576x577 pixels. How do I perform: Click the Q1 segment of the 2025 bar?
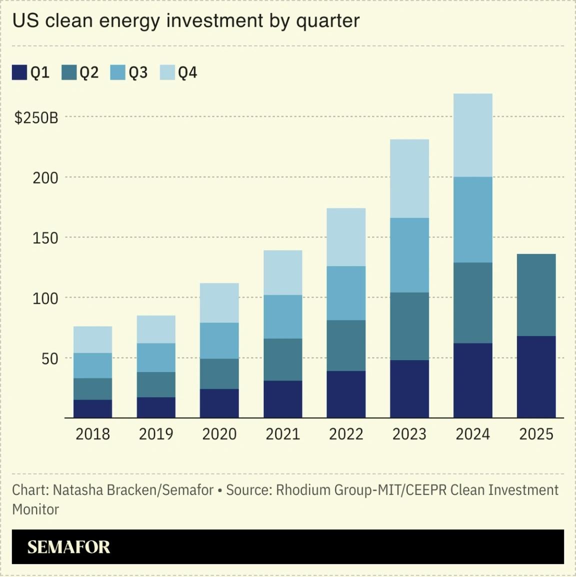(536, 376)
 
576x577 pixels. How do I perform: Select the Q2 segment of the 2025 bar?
(536, 295)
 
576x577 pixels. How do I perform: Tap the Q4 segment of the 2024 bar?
(472, 135)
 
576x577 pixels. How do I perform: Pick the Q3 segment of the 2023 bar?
(409, 255)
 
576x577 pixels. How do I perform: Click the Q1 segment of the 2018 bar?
(92, 408)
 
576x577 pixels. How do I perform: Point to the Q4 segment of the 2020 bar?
(219, 303)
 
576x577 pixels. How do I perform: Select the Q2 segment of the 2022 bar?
(346, 345)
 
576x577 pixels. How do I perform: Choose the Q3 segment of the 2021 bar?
(282, 316)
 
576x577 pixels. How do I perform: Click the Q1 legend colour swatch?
(19, 72)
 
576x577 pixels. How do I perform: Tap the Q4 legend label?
(187, 73)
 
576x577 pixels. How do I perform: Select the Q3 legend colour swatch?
(118, 72)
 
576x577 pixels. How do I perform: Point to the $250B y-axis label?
(36, 118)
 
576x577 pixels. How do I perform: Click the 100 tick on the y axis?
(45, 298)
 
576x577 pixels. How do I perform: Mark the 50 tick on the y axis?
(49, 358)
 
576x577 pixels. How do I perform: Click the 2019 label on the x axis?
(156, 434)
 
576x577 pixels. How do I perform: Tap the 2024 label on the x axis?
(472, 434)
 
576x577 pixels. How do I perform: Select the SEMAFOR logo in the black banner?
(68, 547)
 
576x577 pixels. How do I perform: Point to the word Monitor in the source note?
(35, 509)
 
